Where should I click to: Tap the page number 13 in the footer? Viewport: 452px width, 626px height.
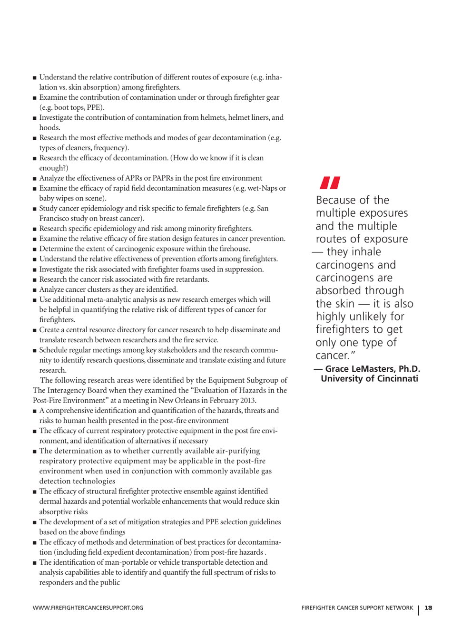pyautogui.click(x=428, y=608)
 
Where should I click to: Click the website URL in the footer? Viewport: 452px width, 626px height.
pyautogui.click(x=88, y=608)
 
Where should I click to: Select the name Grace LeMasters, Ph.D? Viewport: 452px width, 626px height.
pyautogui.click(x=373, y=369)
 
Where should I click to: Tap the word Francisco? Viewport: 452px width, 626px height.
pyautogui.click(x=55, y=219)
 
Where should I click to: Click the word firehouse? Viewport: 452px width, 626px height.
pyautogui.click(x=235, y=249)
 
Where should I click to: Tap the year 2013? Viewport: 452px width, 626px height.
pyautogui.click(x=247, y=400)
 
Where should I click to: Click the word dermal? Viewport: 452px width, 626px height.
pyautogui.click(x=49, y=501)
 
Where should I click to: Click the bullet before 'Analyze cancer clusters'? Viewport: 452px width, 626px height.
pyautogui.click(x=35, y=290)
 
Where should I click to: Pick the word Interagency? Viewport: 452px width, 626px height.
pyautogui.click(x=68, y=390)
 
